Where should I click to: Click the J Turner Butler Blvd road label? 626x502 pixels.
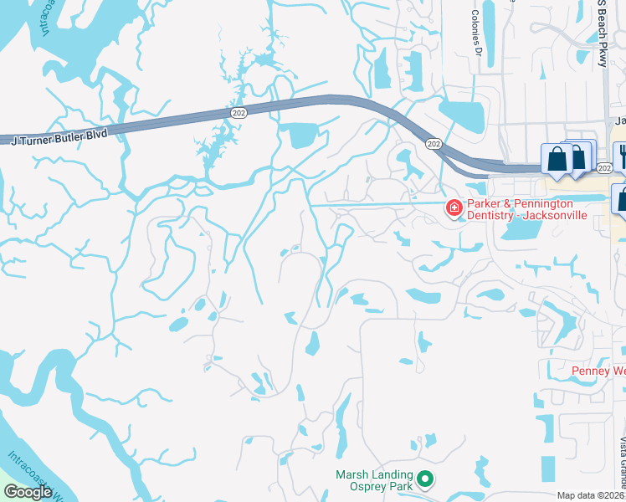click(59, 136)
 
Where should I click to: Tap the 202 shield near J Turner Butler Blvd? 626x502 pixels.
click(239, 112)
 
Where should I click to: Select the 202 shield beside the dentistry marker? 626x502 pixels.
click(433, 144)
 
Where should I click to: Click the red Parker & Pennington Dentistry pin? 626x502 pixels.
click(454, 207)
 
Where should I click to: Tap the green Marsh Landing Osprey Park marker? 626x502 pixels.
click(425, 479)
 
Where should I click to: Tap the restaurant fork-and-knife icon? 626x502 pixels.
click(622, 155)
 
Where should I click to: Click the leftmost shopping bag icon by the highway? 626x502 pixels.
click(557, 158)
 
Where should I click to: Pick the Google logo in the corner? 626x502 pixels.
click(28, 492)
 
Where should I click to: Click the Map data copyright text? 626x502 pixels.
click(591, 495)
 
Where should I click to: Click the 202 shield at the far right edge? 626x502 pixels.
click(605, 169)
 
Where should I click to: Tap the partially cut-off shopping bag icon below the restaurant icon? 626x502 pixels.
click(621, 199)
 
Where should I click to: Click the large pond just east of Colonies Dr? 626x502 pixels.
click(461, 110)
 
